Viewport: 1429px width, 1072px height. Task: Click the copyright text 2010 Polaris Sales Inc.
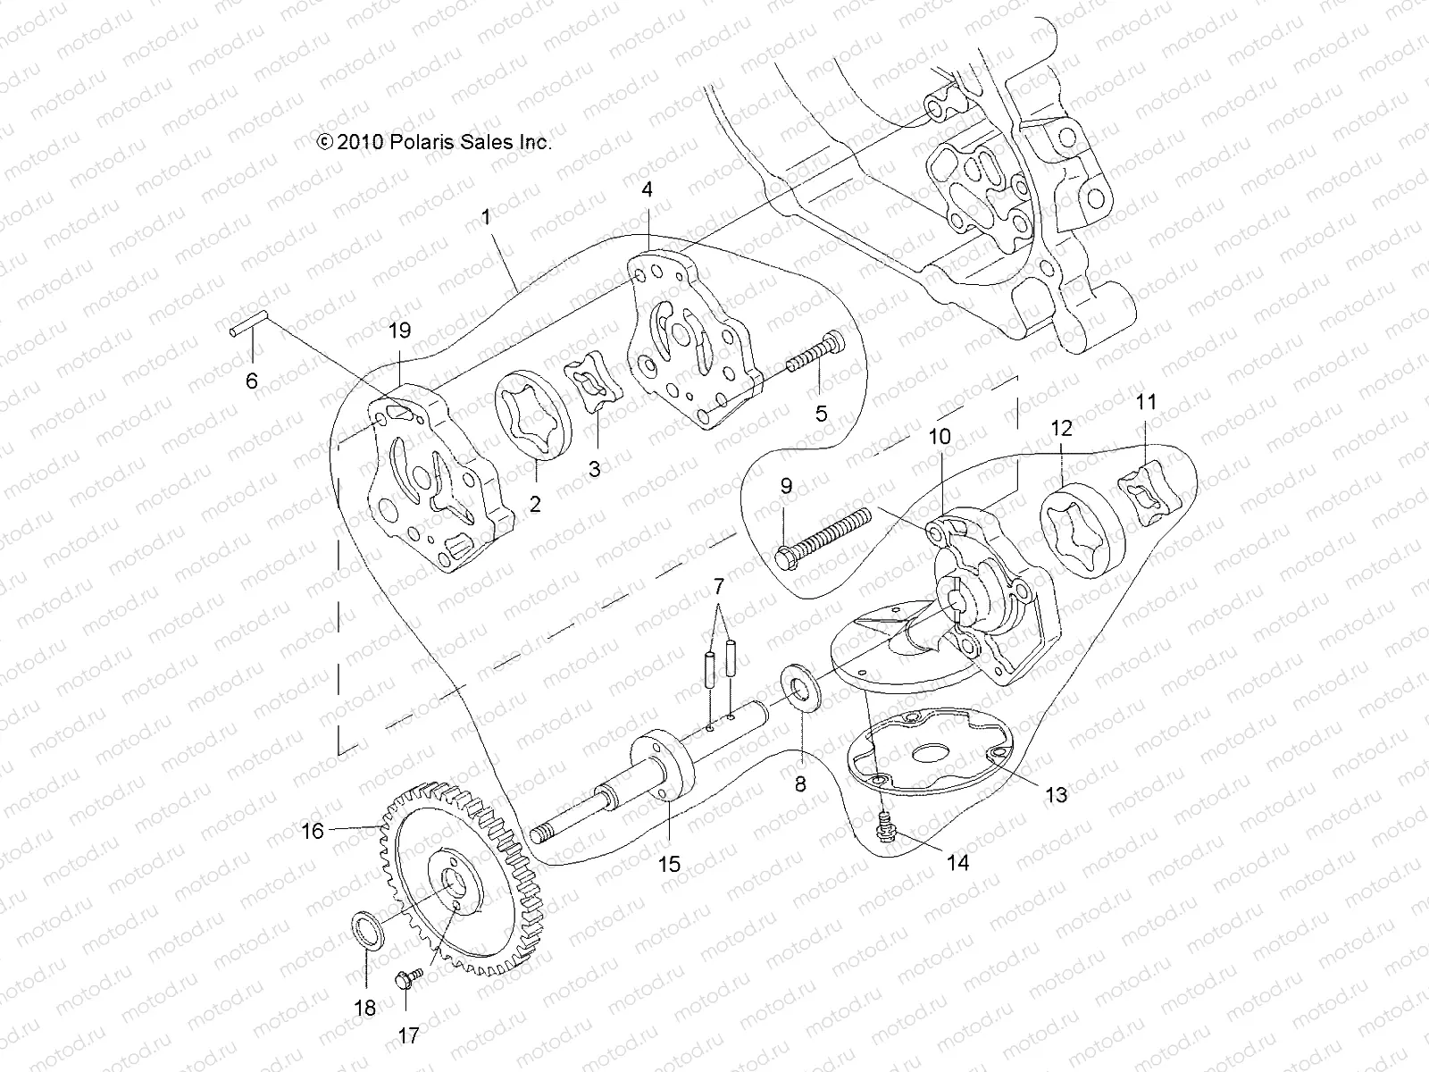434,141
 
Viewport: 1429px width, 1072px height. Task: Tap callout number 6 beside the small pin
252,381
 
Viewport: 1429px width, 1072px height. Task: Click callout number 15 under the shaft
669,864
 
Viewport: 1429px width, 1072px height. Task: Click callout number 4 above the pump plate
647,189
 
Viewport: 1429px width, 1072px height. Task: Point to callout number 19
399,331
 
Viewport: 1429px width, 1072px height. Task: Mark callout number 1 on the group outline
510,217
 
